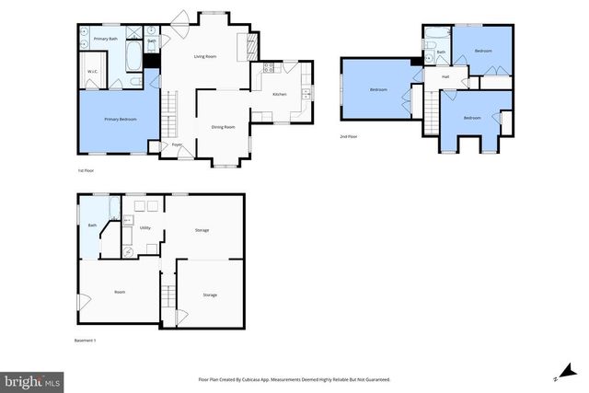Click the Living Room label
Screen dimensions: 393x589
pos(204,56)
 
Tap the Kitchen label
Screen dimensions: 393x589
pos(279,94)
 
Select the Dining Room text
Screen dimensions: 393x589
pos(223,127)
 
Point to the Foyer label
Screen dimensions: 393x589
pos(177,144)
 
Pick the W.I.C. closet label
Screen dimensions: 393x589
pos(93,71)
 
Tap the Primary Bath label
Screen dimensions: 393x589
pos(106,39)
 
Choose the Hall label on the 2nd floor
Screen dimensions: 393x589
pos(445,76)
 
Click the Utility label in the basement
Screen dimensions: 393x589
pos(145,227)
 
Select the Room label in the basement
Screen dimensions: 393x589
pos(120,292)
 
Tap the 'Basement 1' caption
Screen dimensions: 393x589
pos(85,341)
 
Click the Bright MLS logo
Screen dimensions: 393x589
pos(33,380)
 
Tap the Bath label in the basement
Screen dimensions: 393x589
pos(92,225)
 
